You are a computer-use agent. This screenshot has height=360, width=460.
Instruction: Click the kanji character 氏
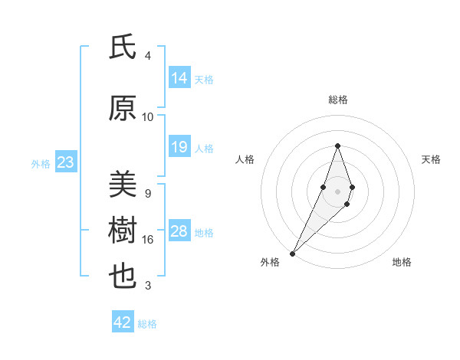pos(122,48)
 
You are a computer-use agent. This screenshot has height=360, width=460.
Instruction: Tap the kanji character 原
pos(122,109)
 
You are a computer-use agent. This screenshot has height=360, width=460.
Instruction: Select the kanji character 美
pos(122,185)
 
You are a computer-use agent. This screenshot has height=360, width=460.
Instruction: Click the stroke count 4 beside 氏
pos(148,56)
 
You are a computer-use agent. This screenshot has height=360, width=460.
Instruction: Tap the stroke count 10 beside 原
pos(148,117)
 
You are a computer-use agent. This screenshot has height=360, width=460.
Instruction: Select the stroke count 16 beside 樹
pos(148,240)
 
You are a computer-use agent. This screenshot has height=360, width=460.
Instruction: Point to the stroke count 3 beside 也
pos(148,286)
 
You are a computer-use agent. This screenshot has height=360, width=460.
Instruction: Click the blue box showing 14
pos(179,78)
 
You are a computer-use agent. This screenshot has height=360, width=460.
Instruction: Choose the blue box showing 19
pos(179,147)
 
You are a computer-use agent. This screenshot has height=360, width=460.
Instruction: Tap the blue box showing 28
pos(179,231)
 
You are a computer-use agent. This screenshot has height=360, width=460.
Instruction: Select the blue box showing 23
pos(65,162)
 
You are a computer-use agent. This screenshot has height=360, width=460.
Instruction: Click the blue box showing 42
pos(123,322)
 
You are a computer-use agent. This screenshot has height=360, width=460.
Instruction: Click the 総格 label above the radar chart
pos(337,100)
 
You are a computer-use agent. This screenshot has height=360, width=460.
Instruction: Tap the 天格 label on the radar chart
pos(432,159)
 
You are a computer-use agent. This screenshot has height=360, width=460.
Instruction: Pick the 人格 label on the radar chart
pos(245,159)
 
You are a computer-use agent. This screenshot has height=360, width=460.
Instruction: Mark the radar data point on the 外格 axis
pos(292,252)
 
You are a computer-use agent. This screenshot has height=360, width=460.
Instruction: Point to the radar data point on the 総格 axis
pos(337,146)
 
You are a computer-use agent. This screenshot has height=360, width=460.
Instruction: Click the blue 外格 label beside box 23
pos(41,163)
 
